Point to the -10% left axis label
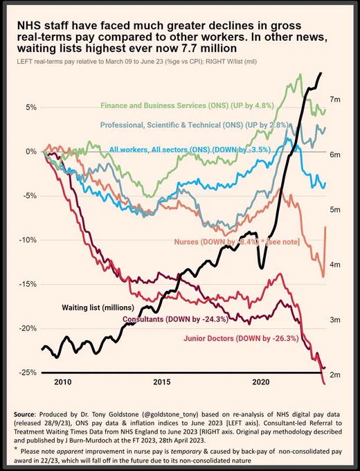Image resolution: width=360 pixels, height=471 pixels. point(27,240)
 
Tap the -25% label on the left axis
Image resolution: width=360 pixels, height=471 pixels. point(27,373)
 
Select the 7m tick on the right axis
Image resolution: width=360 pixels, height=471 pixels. point(335,100)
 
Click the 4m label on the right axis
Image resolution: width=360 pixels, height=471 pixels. point(335,265)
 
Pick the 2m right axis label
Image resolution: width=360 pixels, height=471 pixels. point(335,375)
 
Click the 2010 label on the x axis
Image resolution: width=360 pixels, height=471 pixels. point(63,382)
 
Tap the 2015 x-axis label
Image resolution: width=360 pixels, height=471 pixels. point(162,382)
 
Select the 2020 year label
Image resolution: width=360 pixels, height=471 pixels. point(261,382)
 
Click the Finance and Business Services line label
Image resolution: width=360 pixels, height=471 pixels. point(188,105)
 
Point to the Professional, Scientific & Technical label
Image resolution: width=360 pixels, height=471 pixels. point(195,125)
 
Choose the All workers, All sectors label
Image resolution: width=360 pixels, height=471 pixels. point(190,150)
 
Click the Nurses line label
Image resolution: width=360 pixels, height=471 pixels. point(237,242)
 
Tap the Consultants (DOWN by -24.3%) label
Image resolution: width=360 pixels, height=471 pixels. point(175,319)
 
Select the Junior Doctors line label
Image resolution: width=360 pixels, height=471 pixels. point(241,339)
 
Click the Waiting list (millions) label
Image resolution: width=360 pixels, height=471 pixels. point(98,308)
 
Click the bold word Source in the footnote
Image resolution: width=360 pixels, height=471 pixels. point(24,414)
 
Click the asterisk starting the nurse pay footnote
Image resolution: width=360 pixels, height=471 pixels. point(16,449)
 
